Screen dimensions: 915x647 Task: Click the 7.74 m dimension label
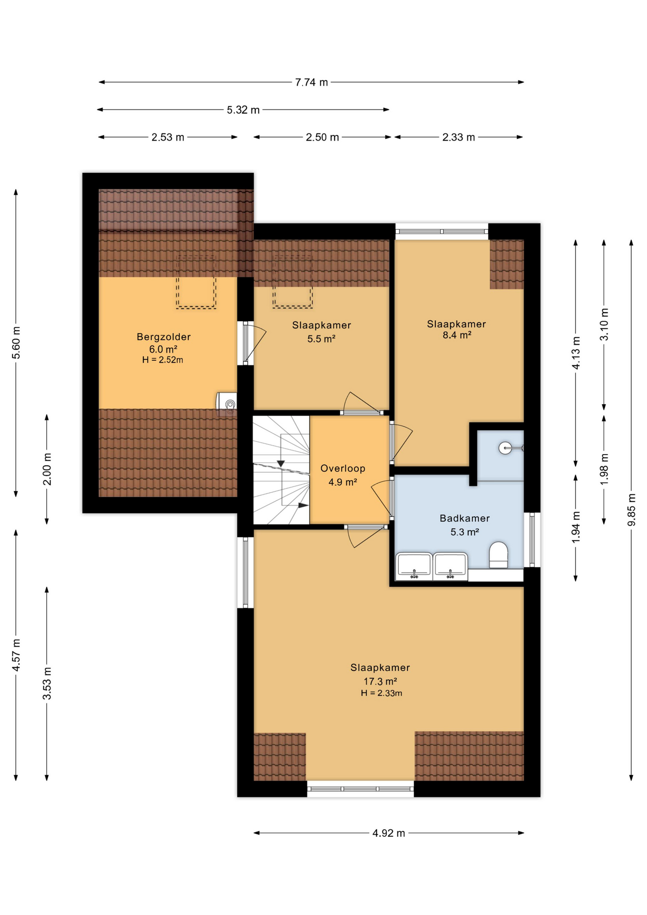311,82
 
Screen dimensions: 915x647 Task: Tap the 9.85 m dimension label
631,510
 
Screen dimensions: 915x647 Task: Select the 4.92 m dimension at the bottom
388,833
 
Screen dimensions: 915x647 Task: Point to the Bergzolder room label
163,337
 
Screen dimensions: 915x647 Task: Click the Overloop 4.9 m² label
343,475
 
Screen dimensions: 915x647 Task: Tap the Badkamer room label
465,518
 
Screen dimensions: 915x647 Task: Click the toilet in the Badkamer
498,555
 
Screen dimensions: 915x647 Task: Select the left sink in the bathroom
414,567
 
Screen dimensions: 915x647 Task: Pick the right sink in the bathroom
450,567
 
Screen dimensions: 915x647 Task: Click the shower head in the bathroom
505,448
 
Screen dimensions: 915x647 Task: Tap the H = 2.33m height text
381,693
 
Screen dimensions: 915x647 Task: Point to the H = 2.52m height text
162,360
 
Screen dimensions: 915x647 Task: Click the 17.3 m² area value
380,681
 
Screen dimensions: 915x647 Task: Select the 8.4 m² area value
456,335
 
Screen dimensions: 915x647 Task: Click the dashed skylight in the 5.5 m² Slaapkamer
292,281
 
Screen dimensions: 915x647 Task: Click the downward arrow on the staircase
281,463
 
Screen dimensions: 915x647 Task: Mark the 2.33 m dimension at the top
458,137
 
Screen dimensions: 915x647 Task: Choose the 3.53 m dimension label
47,683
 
